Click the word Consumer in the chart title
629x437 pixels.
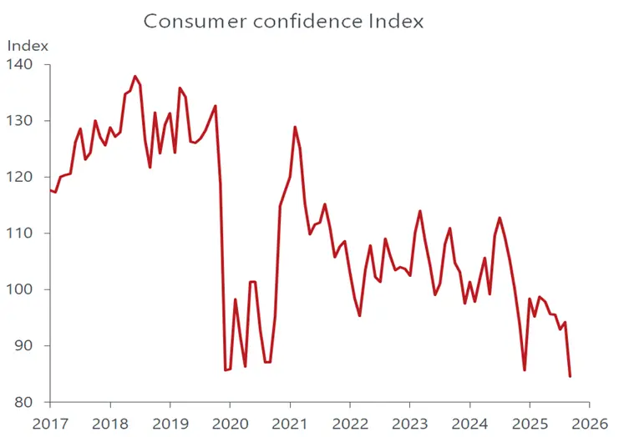coord(188,21)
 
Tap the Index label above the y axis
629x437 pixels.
coord(28,45)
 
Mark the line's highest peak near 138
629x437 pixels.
coord(134,76)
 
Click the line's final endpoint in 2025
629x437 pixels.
coord(570,376)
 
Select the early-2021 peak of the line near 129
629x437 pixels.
coord(295,127)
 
